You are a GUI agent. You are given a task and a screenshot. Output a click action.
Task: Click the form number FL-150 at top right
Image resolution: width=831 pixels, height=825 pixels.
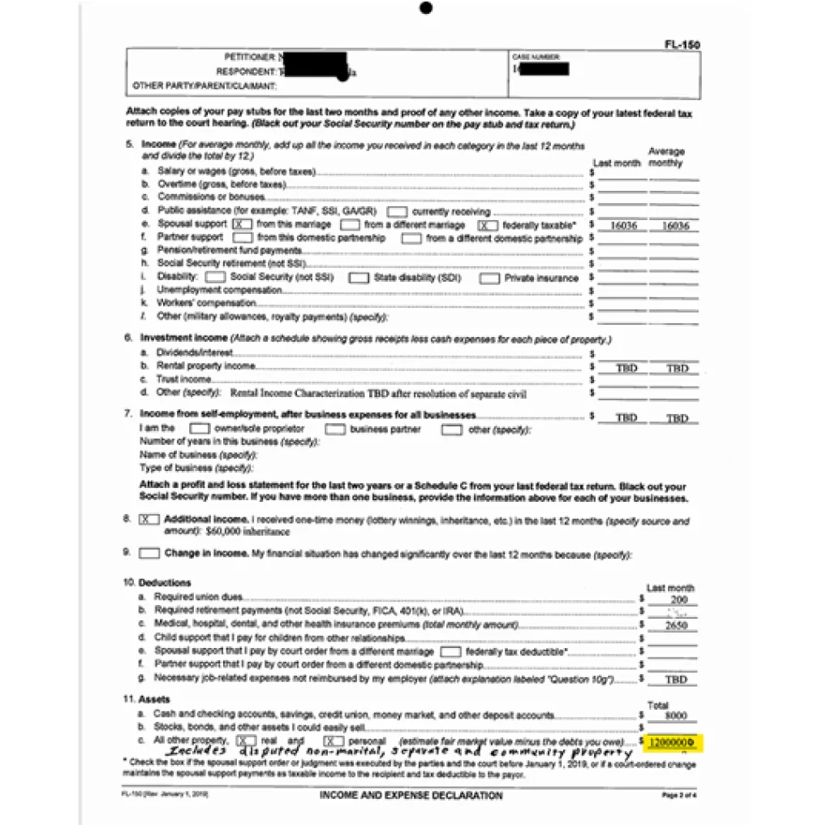coord(682,45)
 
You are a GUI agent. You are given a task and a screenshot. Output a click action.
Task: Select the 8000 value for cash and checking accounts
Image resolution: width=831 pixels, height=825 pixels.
coord(674,715)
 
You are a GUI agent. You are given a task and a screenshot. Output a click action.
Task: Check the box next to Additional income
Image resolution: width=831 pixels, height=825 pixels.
coord(149,519)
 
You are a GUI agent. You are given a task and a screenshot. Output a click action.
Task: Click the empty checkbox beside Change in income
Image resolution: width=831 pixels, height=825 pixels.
coord(149,554)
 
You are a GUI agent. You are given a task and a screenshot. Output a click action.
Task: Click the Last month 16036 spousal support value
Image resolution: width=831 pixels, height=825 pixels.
coord(622,226)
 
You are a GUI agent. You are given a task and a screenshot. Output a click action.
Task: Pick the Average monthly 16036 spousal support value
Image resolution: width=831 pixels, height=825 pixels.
coord(675,226)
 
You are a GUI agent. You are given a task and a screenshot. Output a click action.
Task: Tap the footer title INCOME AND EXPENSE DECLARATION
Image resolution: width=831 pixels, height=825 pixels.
coord(411,795)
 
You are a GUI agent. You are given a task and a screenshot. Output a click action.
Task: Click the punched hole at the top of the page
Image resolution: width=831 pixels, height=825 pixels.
coord(426,8)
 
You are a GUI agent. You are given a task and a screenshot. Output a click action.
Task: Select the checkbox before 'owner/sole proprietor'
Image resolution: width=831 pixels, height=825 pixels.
coord(199,429)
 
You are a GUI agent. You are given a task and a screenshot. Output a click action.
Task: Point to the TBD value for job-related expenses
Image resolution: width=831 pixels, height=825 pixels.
coord(675,680)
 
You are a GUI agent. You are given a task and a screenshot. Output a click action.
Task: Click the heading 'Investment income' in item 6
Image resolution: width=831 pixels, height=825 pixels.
coord(183,338)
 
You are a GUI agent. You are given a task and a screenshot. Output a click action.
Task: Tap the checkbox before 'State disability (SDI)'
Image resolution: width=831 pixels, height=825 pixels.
coord(359,278)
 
